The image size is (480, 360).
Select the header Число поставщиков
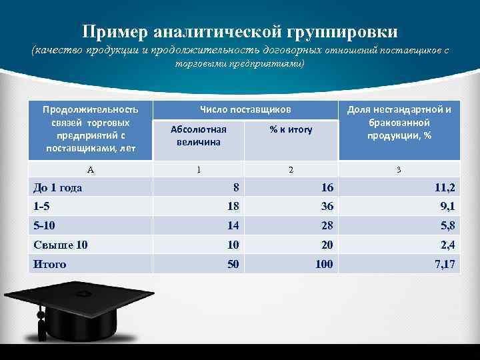pyautogui.click(x=245, y=109)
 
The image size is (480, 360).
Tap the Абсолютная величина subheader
pyautogui.click(x=198, y=135)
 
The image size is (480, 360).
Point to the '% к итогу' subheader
pyautogui.click(x=291, y=130)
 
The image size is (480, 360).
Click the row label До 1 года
pyautogui.click(x=58, y=187)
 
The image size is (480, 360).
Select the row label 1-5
pyautogui.click(x=43, y=206)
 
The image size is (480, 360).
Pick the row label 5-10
pyautogui.click(x=46, y=225)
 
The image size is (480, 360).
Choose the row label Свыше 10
pyautogui.click(x=60, y=245)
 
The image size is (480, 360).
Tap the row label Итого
pyautogui.click(x=50, y=264)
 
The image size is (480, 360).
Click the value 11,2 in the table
pyautogui.click(x=444, y=187)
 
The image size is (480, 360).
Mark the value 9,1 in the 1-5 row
pyautogui.click(x=447, y=206)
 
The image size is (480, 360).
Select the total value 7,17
pyautogui.click(x=444, y=264)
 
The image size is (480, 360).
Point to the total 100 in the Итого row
pyautogui.click(x=324, y=264)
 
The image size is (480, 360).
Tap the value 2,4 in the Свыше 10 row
pyautogui.click(x=447, y=245)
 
